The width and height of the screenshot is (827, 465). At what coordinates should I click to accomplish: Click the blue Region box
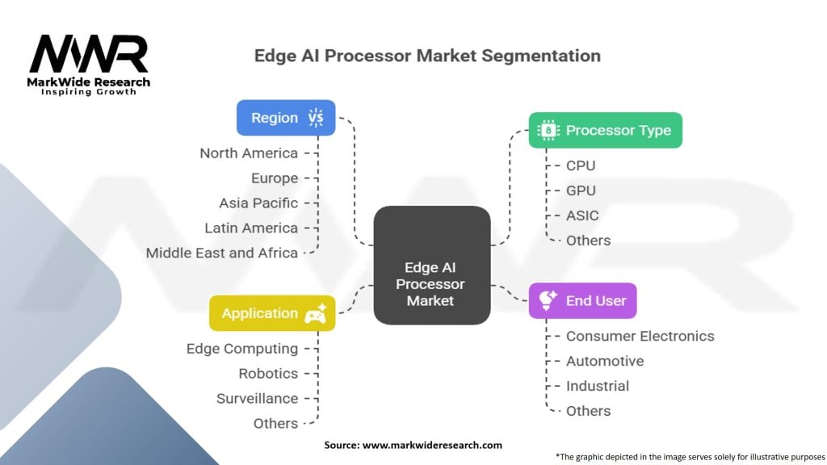(286, 118)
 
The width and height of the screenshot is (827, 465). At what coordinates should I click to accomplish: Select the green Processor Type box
(605, 130)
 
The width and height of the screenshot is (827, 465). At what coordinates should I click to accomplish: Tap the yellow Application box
(272, 313)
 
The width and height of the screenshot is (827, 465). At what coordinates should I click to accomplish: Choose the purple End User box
(582, 300)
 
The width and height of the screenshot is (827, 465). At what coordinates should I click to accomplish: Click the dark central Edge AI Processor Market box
(432, 265)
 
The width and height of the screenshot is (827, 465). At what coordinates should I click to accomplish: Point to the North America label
(249, 153)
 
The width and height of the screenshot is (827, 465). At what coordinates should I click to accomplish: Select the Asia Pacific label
(258, 203)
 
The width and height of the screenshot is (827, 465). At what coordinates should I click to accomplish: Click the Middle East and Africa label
(221, 253)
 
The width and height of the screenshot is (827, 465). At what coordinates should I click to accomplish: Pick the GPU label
(581, 191)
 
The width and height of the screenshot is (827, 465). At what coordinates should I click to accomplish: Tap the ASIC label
(582, 216)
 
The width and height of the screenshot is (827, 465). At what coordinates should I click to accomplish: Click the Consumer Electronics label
(640, 337)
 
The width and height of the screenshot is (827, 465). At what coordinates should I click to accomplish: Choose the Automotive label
(604, 361)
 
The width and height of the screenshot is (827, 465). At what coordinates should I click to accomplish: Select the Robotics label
(268, 374)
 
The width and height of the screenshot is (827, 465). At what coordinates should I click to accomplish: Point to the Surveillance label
(257, 399)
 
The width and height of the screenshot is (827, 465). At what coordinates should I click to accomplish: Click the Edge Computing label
(242, 349)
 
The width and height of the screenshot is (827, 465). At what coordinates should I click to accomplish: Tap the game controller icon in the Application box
(316, 313)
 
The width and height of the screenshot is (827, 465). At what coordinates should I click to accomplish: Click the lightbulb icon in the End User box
(548, 300)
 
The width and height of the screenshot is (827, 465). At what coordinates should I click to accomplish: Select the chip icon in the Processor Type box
(548, 130)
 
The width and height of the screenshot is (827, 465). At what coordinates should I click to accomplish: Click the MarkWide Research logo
(89, 65)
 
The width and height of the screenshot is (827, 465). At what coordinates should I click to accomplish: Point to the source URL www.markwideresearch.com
(432, 445)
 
